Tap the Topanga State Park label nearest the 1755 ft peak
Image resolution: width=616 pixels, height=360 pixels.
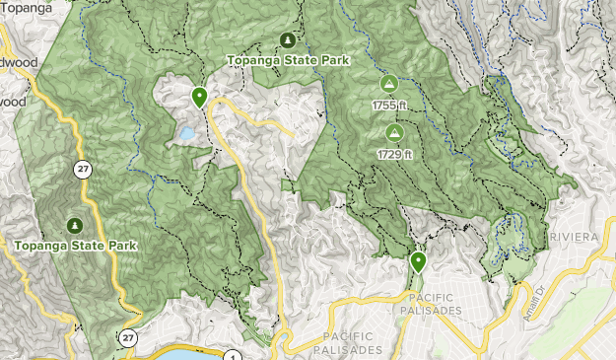point(288,60)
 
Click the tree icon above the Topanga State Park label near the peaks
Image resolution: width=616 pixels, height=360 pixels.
point(287,40)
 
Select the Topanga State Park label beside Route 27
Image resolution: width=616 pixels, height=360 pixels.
point(75,244)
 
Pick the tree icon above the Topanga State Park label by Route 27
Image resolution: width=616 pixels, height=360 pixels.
point(75,224)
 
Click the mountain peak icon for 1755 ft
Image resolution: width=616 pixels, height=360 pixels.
point(388,85)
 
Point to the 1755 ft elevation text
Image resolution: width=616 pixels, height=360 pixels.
point(388,106)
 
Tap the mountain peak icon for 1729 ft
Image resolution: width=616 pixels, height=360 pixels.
point(394,132)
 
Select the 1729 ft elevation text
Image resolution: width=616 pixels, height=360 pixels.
point(393,153)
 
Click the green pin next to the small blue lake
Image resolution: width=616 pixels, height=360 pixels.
point(199,97)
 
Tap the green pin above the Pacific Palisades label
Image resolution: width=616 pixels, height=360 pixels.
point(418,261)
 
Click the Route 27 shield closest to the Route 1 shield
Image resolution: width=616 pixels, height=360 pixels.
point(129,337)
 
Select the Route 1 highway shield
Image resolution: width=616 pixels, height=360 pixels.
point(233,356)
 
